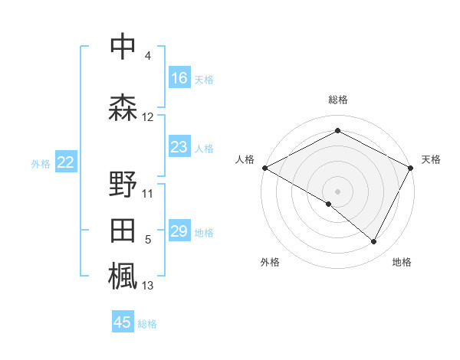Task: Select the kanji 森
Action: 123,107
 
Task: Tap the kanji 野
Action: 123,184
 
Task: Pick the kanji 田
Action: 123,231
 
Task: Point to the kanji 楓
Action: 123,276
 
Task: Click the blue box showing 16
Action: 179,78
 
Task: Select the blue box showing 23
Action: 179,148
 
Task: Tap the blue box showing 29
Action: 179,232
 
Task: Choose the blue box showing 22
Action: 66,162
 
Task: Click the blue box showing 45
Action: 123,322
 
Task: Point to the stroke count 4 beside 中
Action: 147,57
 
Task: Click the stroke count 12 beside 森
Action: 148,117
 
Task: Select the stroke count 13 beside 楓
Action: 148,286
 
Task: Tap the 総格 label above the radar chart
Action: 338,100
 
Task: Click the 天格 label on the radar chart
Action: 431,159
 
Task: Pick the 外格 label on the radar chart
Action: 270,262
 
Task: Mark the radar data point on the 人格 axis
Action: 264,168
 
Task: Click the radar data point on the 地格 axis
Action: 374,242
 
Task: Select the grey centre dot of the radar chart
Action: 337,191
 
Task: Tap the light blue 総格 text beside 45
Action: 147,324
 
